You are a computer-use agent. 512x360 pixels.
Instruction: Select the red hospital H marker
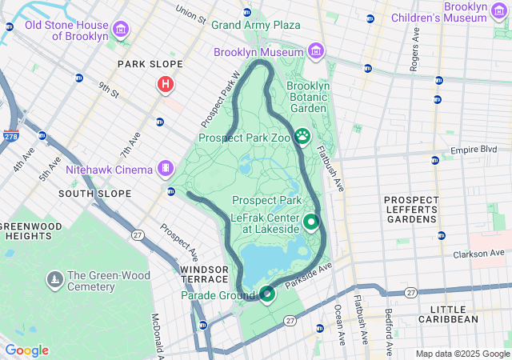click(166, 84)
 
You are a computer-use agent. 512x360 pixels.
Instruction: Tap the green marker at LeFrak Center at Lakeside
click(310, 222)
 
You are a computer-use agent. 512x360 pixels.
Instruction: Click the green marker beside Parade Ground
click(267, 294)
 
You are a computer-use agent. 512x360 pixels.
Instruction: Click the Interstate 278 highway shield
click(11, 137)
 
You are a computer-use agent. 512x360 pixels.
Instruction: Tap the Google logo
click(26, 350)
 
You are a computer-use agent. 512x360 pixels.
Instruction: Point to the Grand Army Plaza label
click(255, 26)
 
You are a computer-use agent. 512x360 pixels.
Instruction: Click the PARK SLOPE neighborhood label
click(150, 64)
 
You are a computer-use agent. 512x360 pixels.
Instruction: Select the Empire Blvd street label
click(474, 150)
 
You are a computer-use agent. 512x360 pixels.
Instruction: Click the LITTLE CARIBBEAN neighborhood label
click(454, 314)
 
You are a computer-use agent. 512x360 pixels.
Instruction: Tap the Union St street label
click(190, 14)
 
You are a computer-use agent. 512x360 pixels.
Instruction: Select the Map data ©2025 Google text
click(462, 354)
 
